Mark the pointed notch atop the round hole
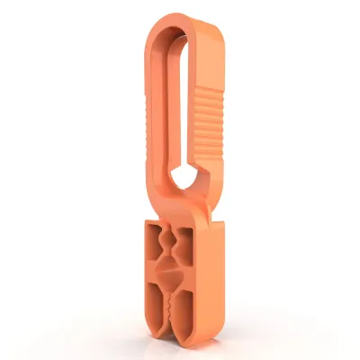point(184,163)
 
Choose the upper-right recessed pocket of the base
point(187,243)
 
